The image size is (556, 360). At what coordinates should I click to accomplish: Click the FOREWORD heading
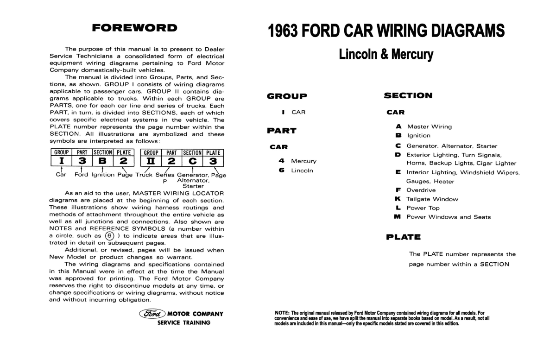tap(134, 28)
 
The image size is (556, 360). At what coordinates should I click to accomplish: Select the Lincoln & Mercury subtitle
tap(386, 54)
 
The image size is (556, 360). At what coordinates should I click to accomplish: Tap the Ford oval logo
tap(152, 314)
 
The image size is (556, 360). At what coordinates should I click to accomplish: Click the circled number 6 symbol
tap(109, 235)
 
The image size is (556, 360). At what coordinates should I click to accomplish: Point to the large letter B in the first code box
tap(103, 161)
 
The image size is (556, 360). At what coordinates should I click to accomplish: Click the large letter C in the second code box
tap(192, 161)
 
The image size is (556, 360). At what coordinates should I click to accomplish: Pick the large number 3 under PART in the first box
tap(82, 161)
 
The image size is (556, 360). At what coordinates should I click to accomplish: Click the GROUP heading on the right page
tap(287, 96)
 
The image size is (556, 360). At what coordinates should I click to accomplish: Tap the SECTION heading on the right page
tap(408, 95)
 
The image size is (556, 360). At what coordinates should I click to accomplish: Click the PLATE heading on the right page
tap(403, 237)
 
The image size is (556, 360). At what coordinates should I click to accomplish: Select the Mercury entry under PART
tap(303, 161)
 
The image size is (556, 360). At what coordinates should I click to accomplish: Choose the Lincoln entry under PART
tap(302, 171)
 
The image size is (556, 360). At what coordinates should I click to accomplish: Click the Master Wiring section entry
tap(429, 126)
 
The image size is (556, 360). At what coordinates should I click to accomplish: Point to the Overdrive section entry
tap(421, 190)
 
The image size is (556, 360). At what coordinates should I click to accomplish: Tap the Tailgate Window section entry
tap(432, 199)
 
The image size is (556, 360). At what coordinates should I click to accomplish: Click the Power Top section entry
tap(423, 208)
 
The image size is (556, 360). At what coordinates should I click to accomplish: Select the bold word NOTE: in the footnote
tap(282, 313)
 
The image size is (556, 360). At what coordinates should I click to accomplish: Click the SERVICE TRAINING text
tap(183, 322)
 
